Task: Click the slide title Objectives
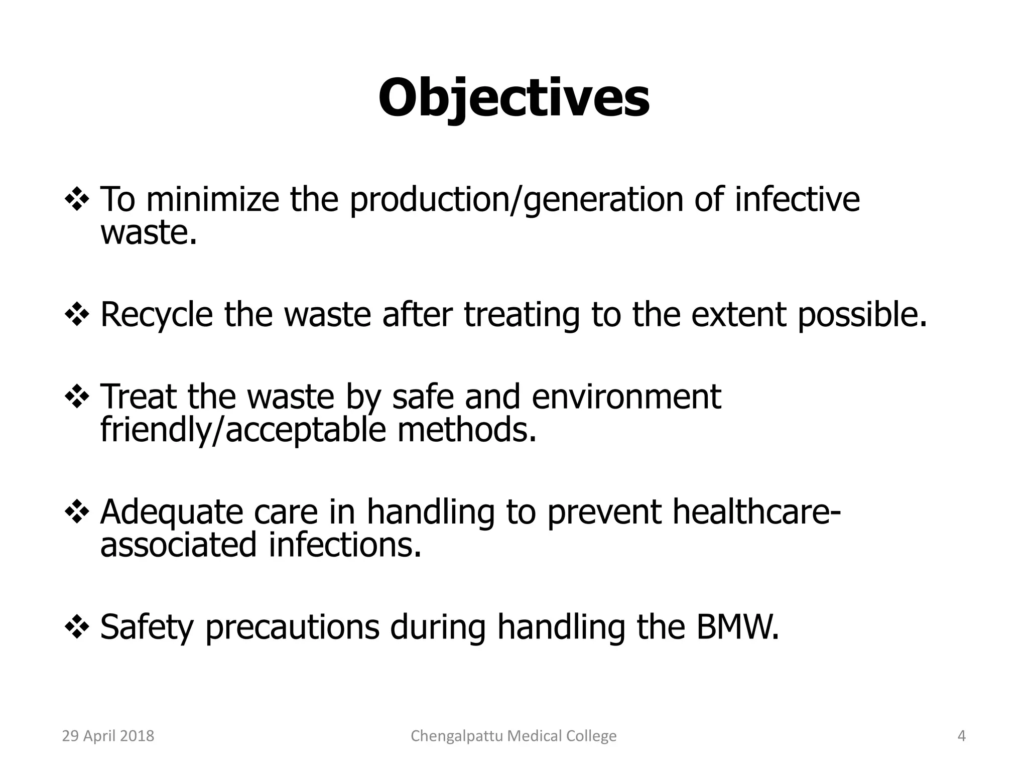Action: [x=513, y=98]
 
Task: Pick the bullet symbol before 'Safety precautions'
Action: [x=77, y=628]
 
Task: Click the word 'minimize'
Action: [x=212, y=199]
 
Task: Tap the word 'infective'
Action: [x=797, y=199]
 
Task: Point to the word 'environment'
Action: [x=626, y=397]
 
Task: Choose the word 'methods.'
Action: [x=467, y=430]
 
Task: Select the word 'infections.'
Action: [x=345, y=545]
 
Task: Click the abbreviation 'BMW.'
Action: [x=738, y=627]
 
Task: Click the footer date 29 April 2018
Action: [x=108, y=736]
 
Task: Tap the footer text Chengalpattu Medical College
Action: [x=513, y=736]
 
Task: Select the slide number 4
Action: [x=961, y=736]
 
